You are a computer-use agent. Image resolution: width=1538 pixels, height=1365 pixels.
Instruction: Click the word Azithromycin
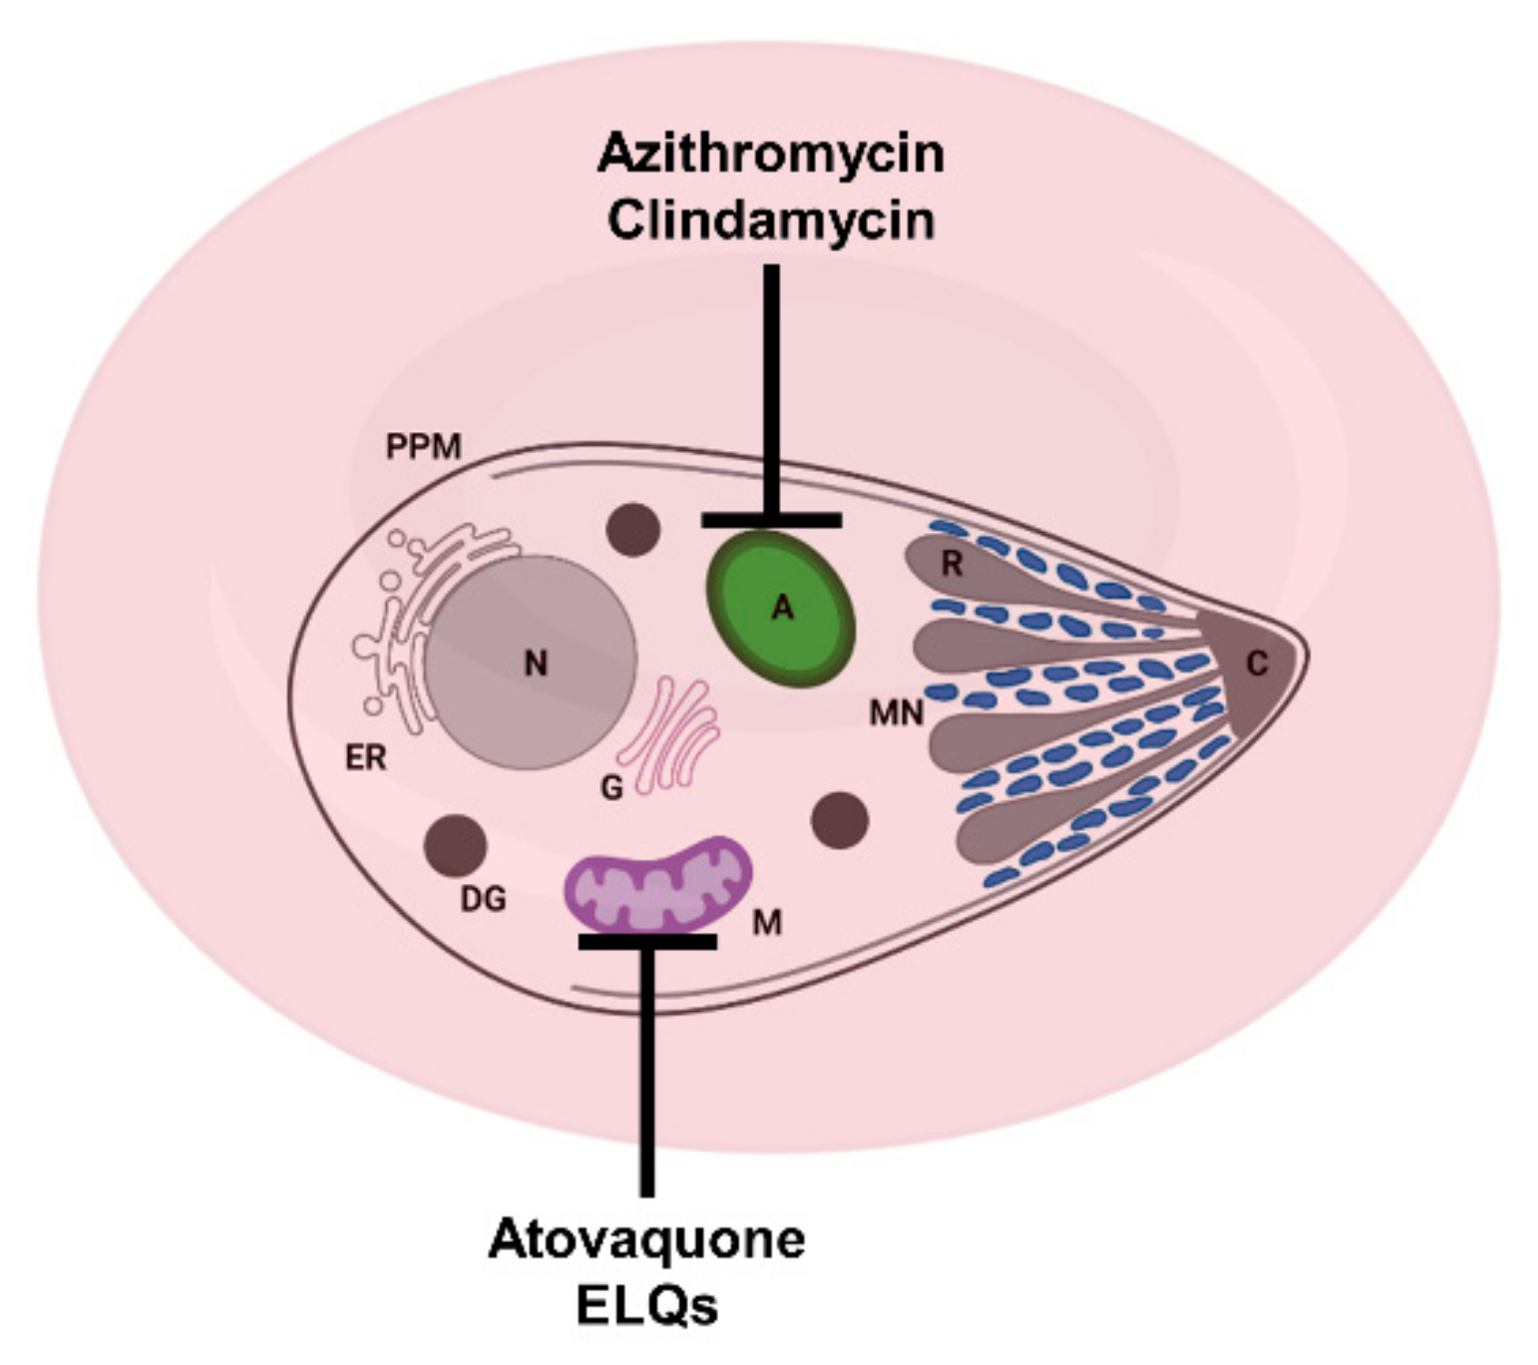[770, 155]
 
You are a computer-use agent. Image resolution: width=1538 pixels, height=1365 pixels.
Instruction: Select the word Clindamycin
[770, 221]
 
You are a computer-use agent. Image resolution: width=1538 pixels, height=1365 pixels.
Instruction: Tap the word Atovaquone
[646, 1240]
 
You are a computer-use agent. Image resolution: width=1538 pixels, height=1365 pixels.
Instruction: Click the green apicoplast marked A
[781, 608]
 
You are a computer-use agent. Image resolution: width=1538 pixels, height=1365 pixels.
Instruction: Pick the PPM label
[423, 447]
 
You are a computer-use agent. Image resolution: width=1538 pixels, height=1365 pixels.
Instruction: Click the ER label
[365, 758]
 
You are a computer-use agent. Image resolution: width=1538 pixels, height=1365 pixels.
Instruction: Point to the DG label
[483, 899]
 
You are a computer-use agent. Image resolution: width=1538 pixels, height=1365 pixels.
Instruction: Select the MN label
[896, 712]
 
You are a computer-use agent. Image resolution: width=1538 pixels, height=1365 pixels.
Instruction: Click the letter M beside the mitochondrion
[766, 924]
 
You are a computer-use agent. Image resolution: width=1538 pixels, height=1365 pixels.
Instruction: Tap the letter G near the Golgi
[611, 788]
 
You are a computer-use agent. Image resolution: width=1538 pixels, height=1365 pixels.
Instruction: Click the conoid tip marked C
[1257, 664]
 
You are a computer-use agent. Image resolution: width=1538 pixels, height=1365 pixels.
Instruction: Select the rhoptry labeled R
[952, 565]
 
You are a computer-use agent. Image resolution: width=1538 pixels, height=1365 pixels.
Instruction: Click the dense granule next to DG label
[455, 845]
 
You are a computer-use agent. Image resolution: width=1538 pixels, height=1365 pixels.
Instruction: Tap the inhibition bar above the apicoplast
[771, 520]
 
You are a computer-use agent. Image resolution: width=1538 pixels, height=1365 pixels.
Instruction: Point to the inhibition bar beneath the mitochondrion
[647, 941]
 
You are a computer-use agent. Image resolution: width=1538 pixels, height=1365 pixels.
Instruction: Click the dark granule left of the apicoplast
[634, 529]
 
